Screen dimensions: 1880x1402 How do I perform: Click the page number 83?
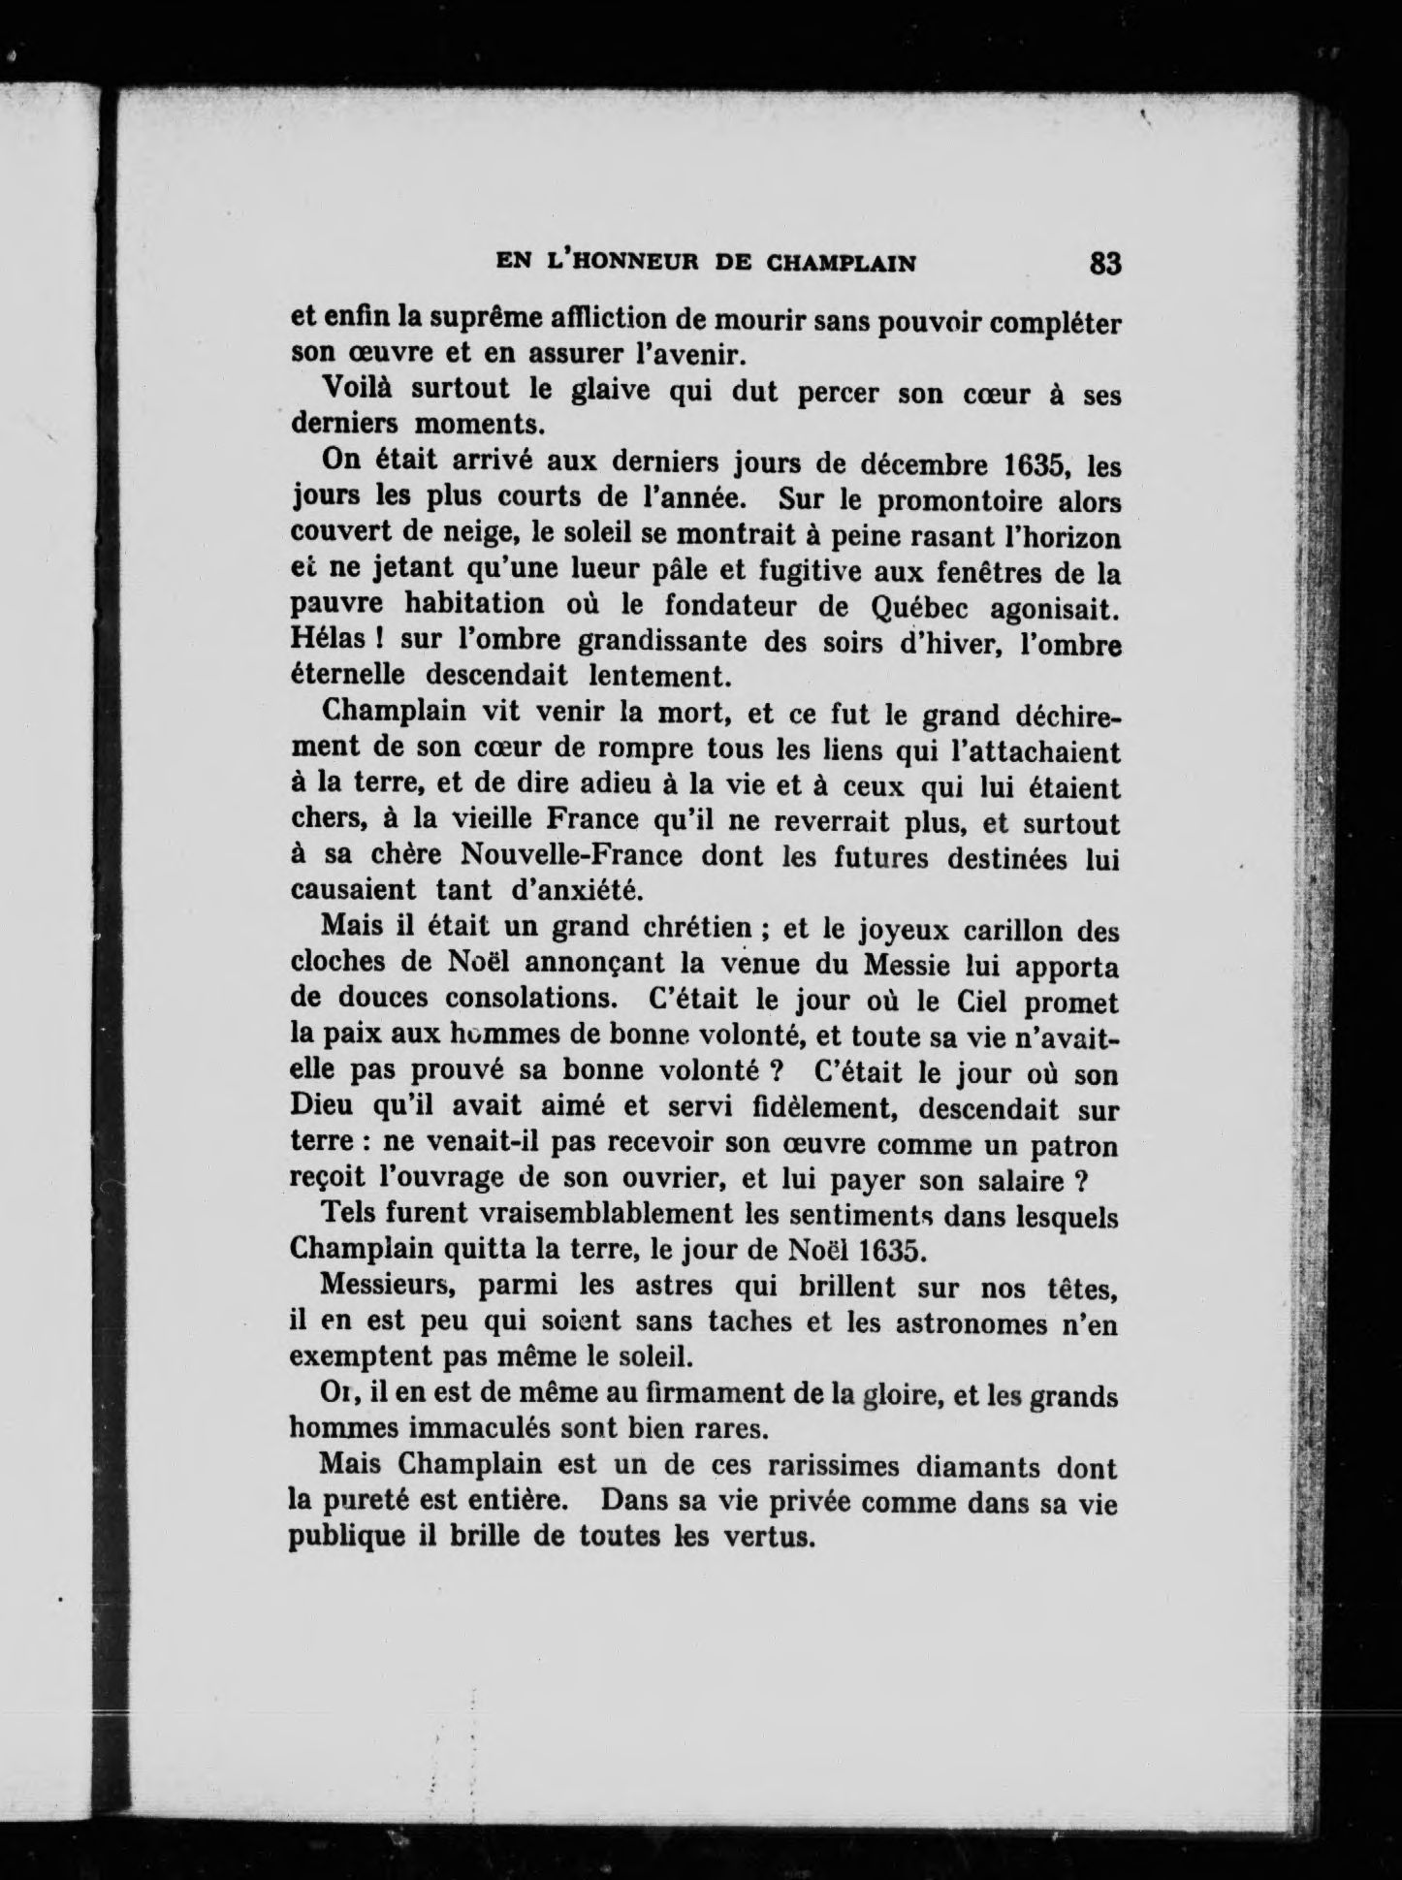point(1105,264)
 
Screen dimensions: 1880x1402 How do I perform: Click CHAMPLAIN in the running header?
point(842,264)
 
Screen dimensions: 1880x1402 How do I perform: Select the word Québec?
point(932,608)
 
